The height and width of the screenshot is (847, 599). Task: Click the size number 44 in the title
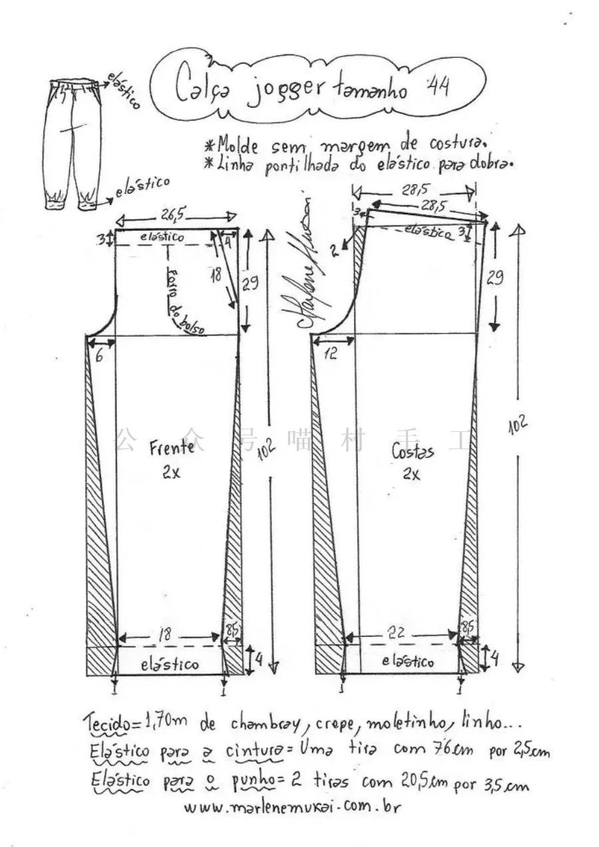click(x=437, y=86)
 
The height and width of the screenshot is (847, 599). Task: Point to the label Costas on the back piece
click(x=413, y=452)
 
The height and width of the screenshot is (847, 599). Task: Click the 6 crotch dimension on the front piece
click(x=99, y=356)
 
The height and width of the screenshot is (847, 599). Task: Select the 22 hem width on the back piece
click(x=397, y=634)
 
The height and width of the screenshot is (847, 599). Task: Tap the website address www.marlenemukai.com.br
click(x=292, y=807)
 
